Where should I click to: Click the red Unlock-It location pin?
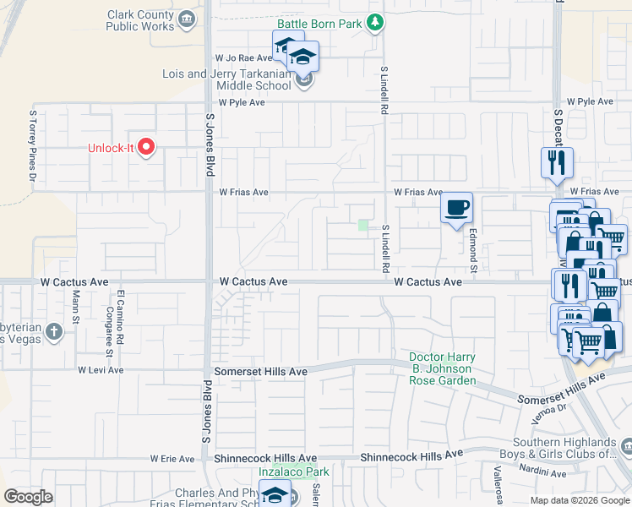pyautogui.click(x=147, y=148)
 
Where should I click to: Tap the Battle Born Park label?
pyautogui.click(x=325, y=25)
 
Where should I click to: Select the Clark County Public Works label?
pyautogui.click(x=141, y=20)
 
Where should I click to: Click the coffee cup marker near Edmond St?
pyautogui.click(x=457, y=208)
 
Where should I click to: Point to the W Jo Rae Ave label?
pyautogui.click(x=243, y=58)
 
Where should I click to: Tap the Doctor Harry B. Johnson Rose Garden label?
pyautogui.click(x=442, y=368)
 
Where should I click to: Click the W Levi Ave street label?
pyautogui.click(x=101, y=370)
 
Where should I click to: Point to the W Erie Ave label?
pyautogui.click(x=172, y=459)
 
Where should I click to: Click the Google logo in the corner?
pyautogui.click(x=29, y=497)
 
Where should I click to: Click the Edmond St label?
pyautogui.click(x=473, y=248)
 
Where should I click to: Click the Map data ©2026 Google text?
pyautogui.click(x=579, y=500)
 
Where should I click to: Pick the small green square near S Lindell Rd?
pyautogui.click(x=363, y=225)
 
